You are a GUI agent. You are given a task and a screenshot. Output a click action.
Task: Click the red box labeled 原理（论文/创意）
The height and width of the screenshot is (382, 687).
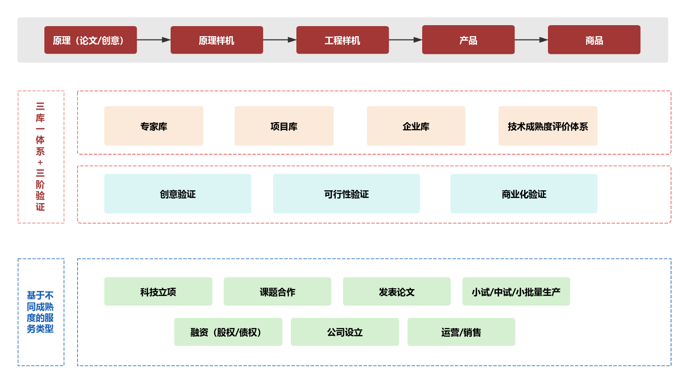tap(91, 40)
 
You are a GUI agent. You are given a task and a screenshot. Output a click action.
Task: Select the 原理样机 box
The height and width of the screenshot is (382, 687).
tap(217, 40)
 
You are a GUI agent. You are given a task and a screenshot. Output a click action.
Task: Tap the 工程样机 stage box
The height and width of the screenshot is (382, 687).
tap(343, 40)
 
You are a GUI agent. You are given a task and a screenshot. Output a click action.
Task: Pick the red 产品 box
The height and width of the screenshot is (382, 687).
tap(468, 40)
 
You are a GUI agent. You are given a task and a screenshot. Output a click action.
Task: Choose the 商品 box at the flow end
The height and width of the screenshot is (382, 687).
tap(594, 40)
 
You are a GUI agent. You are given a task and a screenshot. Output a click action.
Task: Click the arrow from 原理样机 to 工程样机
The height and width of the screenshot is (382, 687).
tap(279, 40)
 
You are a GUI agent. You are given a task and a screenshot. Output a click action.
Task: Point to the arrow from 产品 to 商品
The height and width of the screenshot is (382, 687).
tap(531, 40)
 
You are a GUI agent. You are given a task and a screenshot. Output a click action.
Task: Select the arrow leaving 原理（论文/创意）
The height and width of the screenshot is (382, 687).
tap(154, 40)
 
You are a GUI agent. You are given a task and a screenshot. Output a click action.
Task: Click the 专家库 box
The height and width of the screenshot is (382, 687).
tap(154, 126)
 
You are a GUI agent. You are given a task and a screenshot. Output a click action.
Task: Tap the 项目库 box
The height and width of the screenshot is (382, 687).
tap(284, 126)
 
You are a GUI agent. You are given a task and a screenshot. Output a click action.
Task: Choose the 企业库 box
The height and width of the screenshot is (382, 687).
tap(416, 126)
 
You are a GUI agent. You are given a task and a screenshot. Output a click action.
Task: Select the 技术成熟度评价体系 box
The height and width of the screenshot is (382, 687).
tap(548, 126)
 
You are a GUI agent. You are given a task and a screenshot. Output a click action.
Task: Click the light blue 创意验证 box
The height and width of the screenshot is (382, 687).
tap(178, 194)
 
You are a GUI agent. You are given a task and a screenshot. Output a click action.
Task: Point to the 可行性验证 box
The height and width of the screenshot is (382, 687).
tap(347, 194)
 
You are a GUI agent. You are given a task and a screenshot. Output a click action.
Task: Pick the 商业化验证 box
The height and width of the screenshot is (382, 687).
tap(524, 194)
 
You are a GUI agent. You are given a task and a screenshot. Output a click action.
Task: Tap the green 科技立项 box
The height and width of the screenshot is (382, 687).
tap(158, 292)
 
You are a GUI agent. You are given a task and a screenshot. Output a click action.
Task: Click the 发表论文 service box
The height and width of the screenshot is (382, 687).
tap(397, 292)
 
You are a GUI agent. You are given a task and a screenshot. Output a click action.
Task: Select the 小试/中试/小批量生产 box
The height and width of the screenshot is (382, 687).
tap(516, 292)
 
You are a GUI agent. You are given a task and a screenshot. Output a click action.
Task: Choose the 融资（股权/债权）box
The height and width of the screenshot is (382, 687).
tap(228, 332)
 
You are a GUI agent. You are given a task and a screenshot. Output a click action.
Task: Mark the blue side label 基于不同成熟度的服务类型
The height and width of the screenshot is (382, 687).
tap(41, 312)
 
